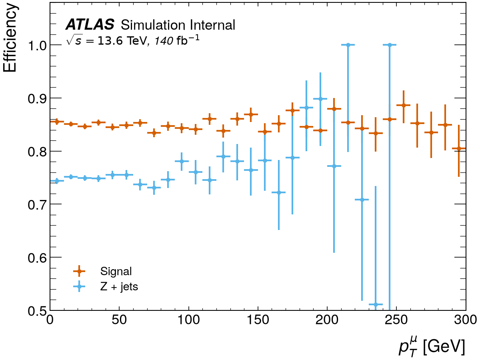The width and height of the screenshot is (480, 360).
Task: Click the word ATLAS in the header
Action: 90,24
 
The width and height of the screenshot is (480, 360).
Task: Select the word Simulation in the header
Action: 154,25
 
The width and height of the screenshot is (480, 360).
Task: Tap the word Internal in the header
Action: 212,25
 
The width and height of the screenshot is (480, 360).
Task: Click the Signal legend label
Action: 116,272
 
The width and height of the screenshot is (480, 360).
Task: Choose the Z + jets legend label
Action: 119,287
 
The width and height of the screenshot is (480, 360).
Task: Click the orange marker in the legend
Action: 79,271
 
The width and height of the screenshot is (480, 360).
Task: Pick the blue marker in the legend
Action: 79,286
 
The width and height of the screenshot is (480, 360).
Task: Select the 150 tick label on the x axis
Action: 258,320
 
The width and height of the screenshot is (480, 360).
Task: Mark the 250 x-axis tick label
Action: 396,320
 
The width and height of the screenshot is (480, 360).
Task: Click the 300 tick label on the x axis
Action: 465,320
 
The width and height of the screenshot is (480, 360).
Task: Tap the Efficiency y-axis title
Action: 10,38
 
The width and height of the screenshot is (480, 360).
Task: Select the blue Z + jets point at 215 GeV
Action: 348,45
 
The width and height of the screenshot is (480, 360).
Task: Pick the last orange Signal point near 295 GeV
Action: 459,149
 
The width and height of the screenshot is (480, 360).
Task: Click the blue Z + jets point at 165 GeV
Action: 279,192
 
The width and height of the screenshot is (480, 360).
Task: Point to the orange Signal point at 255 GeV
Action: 404,105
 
